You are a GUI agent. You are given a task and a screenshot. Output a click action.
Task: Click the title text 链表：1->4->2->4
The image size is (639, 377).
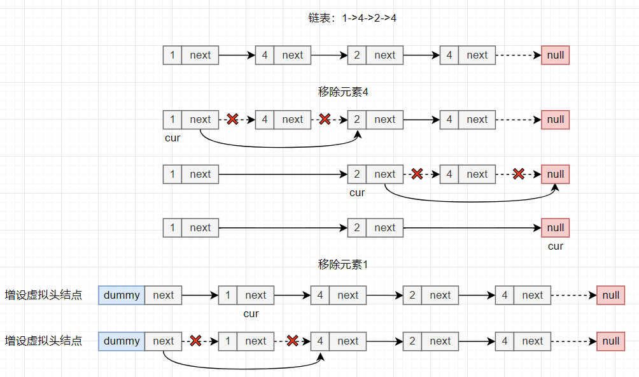351,18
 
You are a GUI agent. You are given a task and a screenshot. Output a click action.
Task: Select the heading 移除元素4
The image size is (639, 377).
343,92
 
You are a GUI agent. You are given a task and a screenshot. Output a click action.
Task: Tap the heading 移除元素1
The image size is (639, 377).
343,264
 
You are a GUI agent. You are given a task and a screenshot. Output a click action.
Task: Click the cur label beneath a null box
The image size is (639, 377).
556,246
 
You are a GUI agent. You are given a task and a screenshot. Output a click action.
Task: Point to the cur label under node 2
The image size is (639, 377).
357,192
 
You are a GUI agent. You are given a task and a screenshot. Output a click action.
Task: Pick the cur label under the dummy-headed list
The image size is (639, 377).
251,313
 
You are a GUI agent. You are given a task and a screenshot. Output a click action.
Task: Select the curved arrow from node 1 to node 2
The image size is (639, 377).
280,146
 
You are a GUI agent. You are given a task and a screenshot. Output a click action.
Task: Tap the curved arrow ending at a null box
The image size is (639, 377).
471,201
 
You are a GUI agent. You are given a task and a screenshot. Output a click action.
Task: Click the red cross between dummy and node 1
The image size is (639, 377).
196,341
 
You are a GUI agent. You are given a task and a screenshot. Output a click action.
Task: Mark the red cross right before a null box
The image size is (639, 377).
519,174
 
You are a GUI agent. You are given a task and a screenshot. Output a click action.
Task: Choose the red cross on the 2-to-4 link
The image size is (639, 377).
417,174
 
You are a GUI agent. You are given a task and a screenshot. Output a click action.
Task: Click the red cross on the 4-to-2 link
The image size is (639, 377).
325,119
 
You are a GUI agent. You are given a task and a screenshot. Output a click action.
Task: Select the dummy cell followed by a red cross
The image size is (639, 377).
122,341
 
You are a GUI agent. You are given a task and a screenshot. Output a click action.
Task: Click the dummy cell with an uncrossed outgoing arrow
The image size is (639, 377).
122,295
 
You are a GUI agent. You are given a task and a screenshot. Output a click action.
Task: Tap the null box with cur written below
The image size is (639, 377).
556,227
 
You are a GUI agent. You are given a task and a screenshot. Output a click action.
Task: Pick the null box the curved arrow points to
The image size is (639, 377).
556,174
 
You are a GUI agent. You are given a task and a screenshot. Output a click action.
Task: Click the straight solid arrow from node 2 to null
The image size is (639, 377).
471,227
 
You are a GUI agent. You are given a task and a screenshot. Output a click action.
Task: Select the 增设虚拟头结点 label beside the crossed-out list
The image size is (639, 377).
43,341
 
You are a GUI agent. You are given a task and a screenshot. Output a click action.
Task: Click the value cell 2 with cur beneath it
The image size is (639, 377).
357,174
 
